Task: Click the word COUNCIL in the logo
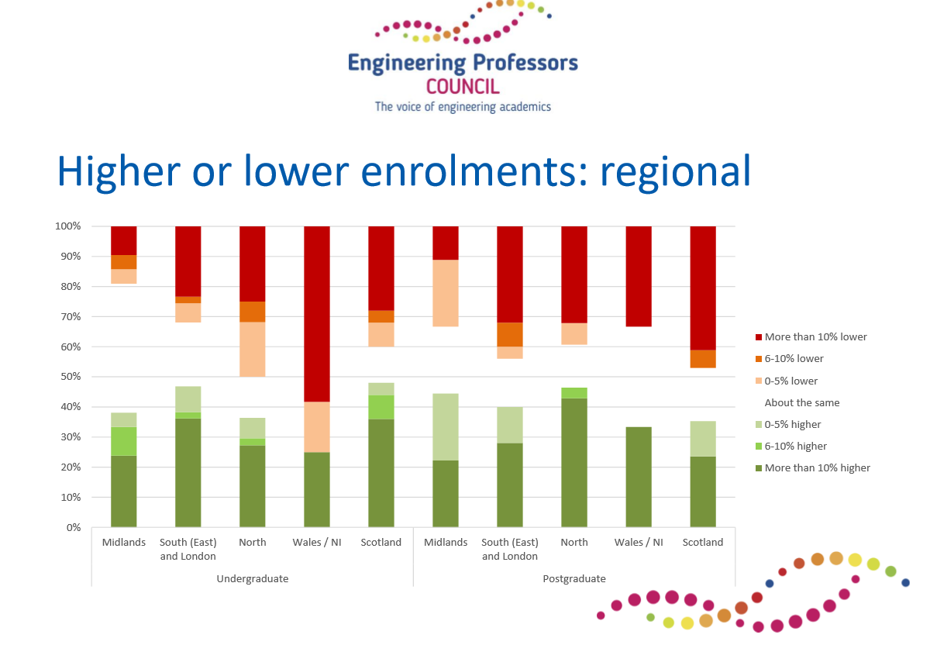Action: pyautogui.click(x=463, y=87)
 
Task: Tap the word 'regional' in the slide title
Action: pyautogui.click(x=676, y=172)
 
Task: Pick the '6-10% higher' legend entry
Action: pyautogui.click(x=791, y=446)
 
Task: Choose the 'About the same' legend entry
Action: pyautogui.click(x=801, y=402)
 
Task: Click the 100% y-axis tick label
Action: pyautogui.click(x=67, y=226)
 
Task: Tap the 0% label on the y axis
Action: pyautogui.click(x=74, y=527)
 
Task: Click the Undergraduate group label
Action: pyautogui.click(x=253, y=578)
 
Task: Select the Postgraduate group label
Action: pyautogui.click(x=574, y=578)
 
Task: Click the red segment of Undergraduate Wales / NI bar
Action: pyautogui.click(x=317, y=314)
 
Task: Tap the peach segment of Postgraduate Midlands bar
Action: pyautogui.click(x=446, y=293)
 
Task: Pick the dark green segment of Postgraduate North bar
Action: pyautogui.click(x=574, y=463)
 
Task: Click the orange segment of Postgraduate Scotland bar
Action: pyautogui.click(x=703, y=359)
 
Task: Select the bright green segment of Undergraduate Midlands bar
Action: pyautogui.click(x=124, y=441)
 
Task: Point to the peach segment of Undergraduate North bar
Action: pyautogui.click(x=253, y=350)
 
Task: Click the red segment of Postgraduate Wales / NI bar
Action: pyautogui.click(x=639, y=276)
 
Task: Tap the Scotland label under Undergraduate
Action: pyautogui.click(x=381, y=542)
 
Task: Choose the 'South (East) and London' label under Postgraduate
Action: pyautogui.click(x=510, y=549)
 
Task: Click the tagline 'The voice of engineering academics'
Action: pyautogui.click(x=463, y=107)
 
